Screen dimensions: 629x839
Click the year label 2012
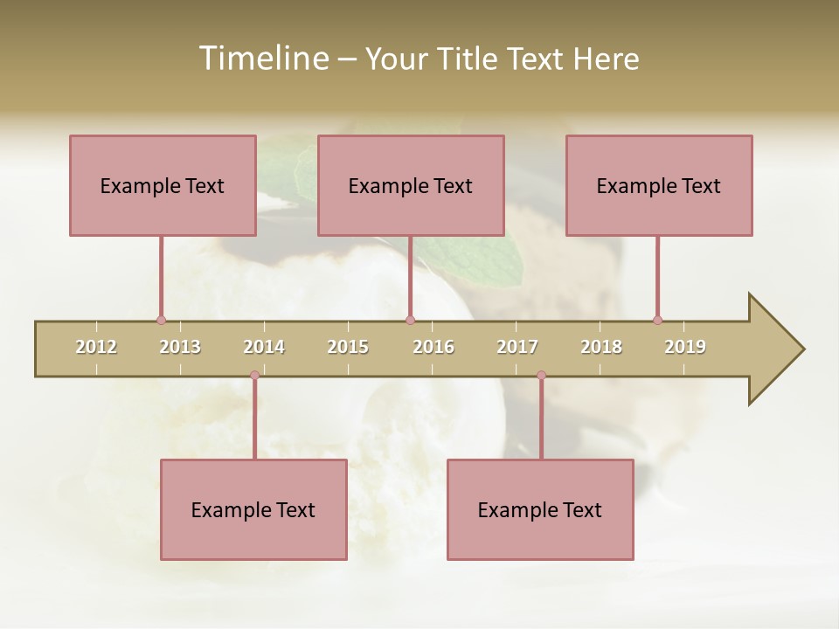(96, 347)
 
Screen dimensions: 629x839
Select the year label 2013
(180, 347)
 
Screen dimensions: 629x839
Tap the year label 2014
(264, 347)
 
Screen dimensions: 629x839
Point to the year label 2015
(348, 347)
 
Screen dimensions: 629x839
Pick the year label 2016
(433, 347)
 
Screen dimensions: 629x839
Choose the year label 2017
(517, 347)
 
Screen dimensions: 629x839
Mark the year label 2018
(601, 347)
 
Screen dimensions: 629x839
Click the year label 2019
(685, 347)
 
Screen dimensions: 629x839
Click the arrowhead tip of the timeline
(802, 349)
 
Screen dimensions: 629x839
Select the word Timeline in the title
(261, 59)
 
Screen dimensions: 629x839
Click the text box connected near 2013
(163, 185)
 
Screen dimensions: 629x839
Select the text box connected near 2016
(411, 185)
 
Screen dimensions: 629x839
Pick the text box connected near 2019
(659, 185)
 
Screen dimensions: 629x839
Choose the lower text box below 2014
(253, 509)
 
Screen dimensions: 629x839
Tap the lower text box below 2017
(540, 509)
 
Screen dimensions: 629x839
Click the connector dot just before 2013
(161, 320)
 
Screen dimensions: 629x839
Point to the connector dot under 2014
(254, 376)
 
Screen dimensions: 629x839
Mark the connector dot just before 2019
(657, 320)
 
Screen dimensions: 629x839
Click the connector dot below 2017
(541, 376)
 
